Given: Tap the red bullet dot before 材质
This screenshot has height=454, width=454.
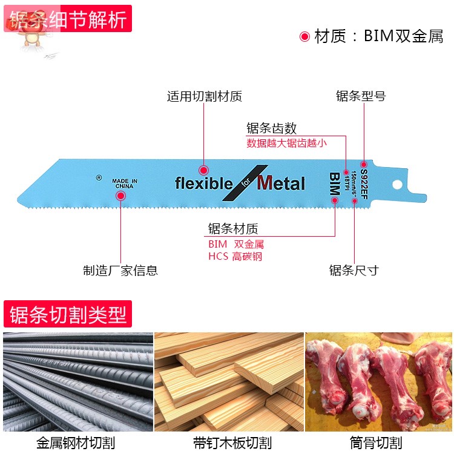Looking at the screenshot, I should click(304, 36).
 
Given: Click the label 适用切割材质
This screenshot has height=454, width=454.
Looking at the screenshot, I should click(204, 96).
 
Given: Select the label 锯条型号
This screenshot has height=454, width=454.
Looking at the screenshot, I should click(361, 96).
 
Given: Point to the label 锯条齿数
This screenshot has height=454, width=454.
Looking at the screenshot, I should click(271, 128).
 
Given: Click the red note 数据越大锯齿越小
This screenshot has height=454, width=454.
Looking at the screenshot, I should click(286, 143).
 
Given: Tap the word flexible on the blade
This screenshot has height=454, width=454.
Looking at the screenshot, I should click(203, 183).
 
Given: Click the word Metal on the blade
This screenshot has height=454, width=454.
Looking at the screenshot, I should click(281, 183).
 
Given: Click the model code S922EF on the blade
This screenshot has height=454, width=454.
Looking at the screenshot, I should click(364, 184).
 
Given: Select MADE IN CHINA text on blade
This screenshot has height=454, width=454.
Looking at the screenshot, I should click(125, 184).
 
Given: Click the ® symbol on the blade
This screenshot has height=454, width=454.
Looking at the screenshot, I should click(99, 178).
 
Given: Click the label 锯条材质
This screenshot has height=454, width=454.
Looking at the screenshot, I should click(233, 229).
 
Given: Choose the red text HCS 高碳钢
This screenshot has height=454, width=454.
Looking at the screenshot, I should click(235, 256).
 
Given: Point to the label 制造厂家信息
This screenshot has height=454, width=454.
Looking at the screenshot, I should click(120, 271).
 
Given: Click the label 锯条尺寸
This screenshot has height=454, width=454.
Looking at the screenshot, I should click(354, 271).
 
